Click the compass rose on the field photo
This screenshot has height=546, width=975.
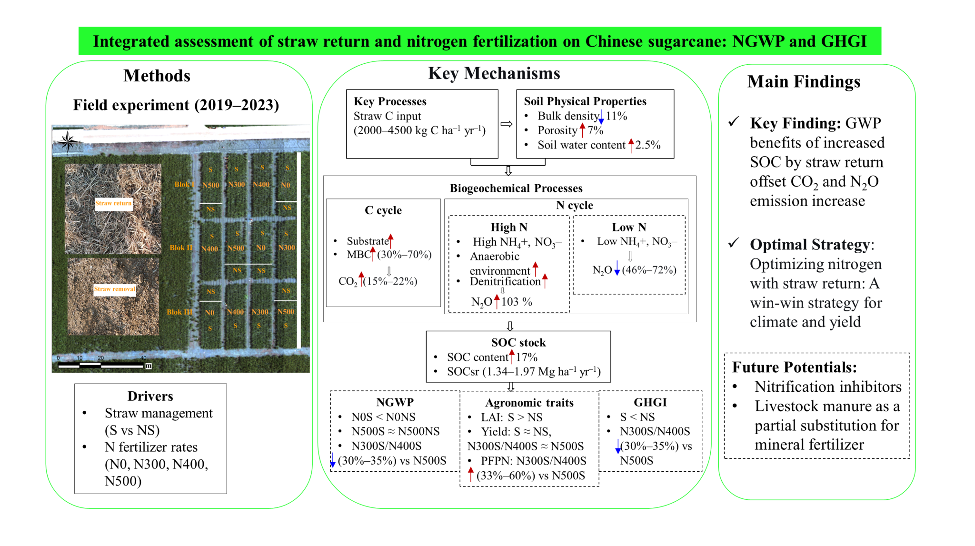coord(68,141)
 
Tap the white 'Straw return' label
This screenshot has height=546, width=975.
coord(113,203)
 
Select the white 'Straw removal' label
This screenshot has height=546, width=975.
coord(115,289)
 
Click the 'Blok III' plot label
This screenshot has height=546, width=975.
coord(179,312)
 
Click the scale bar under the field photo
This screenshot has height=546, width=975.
coord(101,365)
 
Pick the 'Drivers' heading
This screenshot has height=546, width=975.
coord(150,396)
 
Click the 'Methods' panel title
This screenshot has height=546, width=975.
coord(157,76)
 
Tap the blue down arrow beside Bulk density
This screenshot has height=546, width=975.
coord(601,116)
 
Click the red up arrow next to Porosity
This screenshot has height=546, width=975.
coord(582,130)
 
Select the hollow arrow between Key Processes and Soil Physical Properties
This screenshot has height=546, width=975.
coord(507,124)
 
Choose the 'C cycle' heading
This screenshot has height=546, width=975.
coord(383,210)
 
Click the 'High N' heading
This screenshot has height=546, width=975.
coord(509,227)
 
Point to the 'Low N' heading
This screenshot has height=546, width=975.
coord(629,227)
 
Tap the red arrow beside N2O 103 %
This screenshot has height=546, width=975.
coord(497,301)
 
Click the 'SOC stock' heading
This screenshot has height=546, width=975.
coord(518,343)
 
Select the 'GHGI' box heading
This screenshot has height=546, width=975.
coord(650,402)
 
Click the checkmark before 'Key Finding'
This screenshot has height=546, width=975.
coord(734,122)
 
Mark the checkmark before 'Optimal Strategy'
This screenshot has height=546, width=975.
coord(734,243)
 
